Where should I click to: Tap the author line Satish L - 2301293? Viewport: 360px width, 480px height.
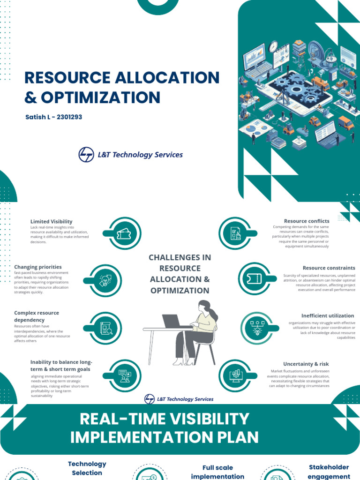(x=53, y=117)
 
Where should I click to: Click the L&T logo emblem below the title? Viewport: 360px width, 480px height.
(x=86, y=154)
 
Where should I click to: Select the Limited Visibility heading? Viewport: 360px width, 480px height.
(x=52, y=221)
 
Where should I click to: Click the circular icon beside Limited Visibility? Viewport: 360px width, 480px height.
(x=124, y=233)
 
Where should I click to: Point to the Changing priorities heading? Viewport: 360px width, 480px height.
(x=38, y=267)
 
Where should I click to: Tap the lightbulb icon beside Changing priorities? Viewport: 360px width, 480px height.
(x=105, y=280)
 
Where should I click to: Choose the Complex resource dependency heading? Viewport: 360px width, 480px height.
(x=37, y=316)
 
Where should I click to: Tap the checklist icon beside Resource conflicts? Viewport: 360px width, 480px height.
(x=235, y=233)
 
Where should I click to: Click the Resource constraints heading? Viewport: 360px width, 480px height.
(x=329, y=268)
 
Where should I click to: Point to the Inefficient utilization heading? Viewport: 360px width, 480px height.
(x=328, y=315)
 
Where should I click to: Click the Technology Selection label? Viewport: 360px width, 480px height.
(x=87, y=468)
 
